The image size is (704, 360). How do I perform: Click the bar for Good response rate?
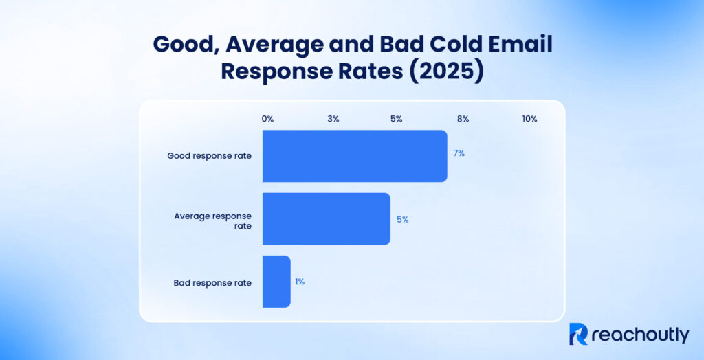point(355,156)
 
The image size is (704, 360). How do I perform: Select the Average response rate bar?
point(326,219)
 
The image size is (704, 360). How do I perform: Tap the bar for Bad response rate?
point(276,282)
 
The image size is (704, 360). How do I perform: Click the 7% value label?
point(459,153)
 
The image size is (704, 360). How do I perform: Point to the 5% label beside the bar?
point(402,220)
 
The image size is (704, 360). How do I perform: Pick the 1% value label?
point(300,282)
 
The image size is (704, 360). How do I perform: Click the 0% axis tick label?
point(267,119)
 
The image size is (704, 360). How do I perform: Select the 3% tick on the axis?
point(333,119)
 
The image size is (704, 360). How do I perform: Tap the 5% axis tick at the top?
point(397,119)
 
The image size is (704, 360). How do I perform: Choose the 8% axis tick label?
point(463,119)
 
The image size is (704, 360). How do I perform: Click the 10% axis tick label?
point(529,119)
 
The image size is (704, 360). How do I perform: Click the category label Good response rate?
point(209,156)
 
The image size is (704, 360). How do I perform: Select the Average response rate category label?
point(212,221)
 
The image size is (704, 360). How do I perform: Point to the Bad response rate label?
point(212,282)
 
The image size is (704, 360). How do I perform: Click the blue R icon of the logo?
point(579,335)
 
